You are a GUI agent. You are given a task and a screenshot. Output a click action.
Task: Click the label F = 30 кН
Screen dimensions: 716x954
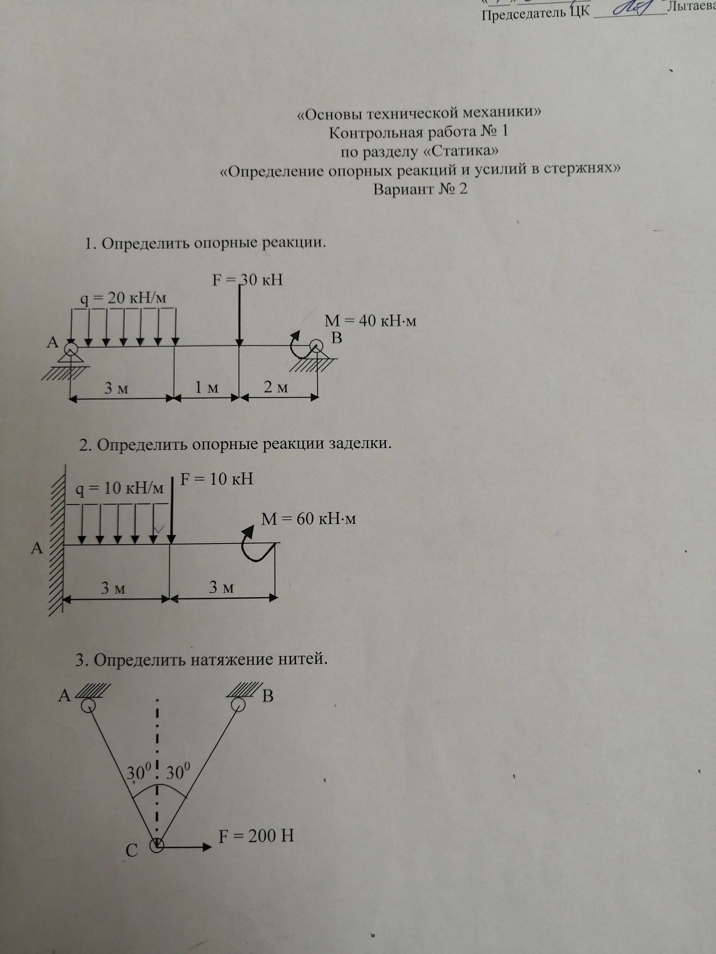247,280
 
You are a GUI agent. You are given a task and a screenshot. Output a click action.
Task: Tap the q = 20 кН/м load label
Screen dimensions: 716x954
123,299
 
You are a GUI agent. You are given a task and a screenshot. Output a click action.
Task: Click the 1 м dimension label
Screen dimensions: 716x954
206,388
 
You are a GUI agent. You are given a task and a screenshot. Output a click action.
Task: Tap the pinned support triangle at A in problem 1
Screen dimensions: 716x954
70,357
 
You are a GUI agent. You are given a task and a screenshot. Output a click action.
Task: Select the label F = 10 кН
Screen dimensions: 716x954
216,479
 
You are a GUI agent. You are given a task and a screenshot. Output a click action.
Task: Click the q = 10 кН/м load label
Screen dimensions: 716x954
120,489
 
